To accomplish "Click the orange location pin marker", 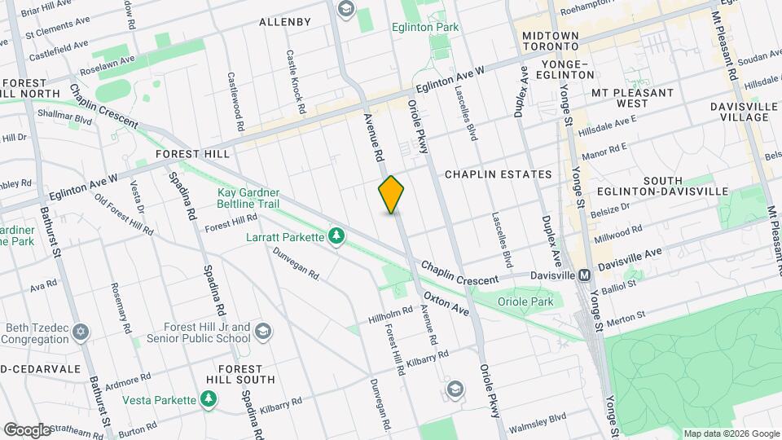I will click(x=392, y=195).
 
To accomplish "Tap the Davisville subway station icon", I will click(x=585, y=275).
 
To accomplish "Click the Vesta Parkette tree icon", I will click(x=209, y=399).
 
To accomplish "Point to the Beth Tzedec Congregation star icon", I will click(x=80, y=332).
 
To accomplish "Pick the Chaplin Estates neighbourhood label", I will click(x=498, y=174).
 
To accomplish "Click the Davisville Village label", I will click(x=739, y=112).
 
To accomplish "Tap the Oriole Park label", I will click(x=525, y=301).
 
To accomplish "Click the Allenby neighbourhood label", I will click(x=284, y=22).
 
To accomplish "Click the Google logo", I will click(x=26, y=429).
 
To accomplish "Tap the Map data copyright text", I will click(x=731, y=433).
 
